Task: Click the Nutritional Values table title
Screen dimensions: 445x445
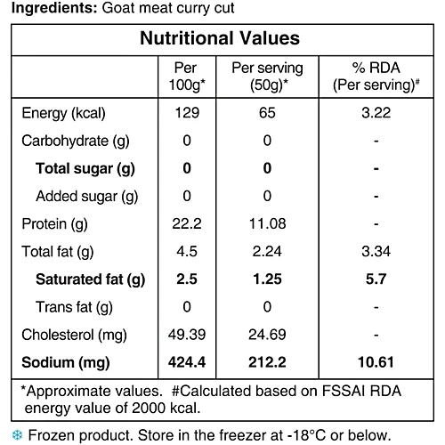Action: pyautogui.click(x=220, y=38)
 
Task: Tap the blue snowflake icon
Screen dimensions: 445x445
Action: pyautogui.click(x=17, y=435)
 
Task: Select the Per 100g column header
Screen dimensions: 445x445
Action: pyautogui.click(x=187, y=77)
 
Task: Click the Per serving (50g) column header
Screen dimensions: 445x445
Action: pyautogui.click(x=267, y=77)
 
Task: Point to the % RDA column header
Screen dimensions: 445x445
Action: pyautogui.click(x=376, y=77)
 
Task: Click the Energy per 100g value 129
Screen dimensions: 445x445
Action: pyautogui.click(x=187, y=113)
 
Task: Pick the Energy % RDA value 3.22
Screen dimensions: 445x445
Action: pyautogui.click(x=376, y=113)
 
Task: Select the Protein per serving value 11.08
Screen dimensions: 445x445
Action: pyautogui.click(x=267, y=223)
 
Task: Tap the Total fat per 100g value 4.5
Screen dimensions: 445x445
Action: pyautogui.click(x=187, y=252)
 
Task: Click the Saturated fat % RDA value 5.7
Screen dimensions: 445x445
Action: pyautogui.click(x=376, y=279)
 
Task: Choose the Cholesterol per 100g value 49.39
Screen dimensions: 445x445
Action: pyautogui.click(x=187, y=335)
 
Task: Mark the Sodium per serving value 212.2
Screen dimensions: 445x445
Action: pyautogui.click(x=267, y=362)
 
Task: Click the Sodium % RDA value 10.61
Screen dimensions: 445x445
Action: pyautogui.click(x=376, y=362)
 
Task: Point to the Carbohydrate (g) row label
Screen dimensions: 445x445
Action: pyautogui.click(x=76, y=141)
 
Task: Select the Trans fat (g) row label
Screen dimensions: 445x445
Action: pyautogui.click(x=74, y=307)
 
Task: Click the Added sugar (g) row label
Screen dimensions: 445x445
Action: pyautogui.click(x=87, y=197)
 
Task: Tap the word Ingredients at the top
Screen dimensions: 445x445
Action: pyautogui.click(x=54, y=8)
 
